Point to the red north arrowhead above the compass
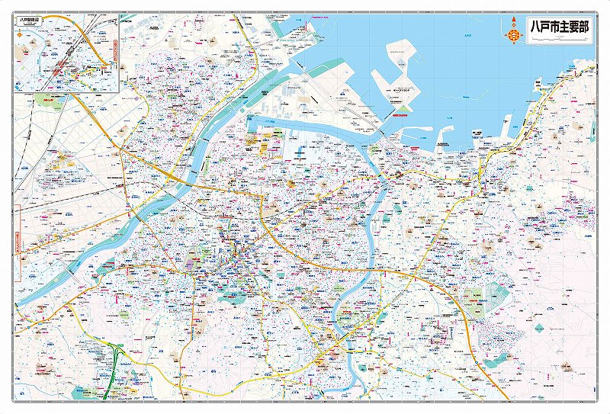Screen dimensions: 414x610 515,21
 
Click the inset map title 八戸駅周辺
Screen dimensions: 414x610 31,21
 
